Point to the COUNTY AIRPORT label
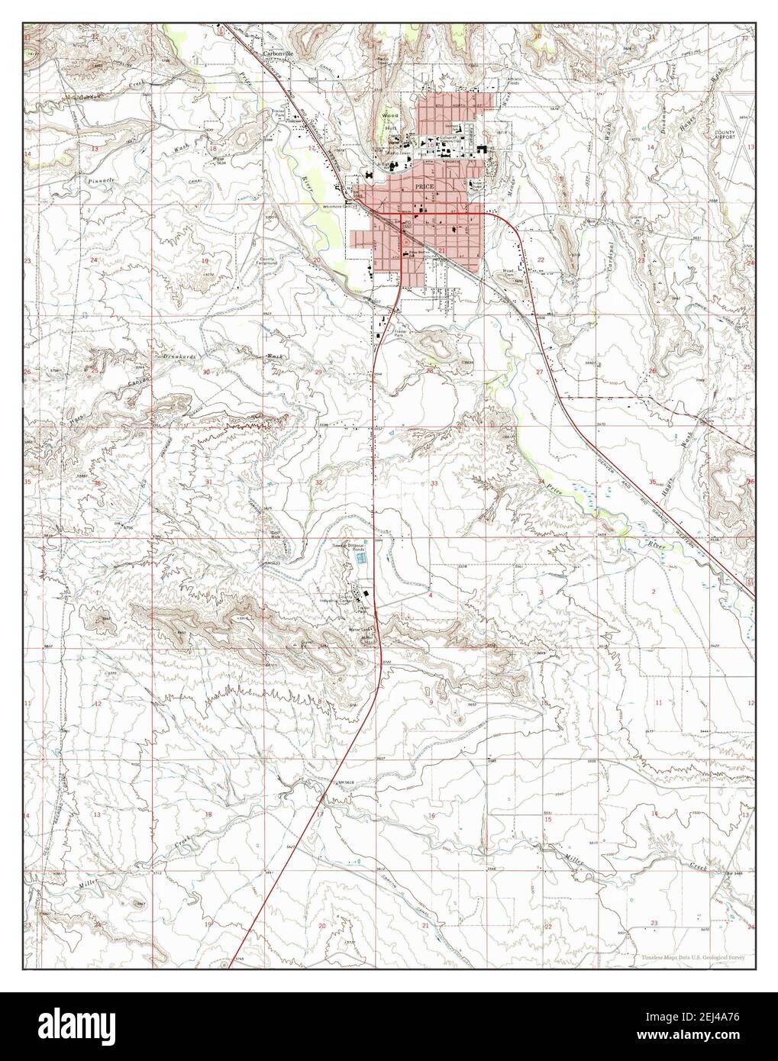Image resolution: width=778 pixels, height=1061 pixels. coord(725,135)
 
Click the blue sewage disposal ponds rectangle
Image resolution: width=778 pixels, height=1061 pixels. coord(363,560)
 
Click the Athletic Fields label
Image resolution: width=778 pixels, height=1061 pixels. coord(515,82)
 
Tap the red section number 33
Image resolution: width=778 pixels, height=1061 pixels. coord(434,484)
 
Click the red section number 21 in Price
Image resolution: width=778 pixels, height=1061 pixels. coord(441,250)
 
